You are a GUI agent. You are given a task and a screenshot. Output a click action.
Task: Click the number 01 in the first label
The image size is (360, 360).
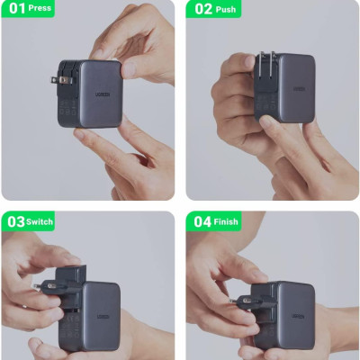(x=13, y=9)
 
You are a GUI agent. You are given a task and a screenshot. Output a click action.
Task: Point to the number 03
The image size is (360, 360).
(x=15, y=221)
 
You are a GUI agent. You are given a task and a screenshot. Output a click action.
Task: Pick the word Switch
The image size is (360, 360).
(x=40, y=221)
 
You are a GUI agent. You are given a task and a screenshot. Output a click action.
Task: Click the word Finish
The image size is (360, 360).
(x=228, y=221)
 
